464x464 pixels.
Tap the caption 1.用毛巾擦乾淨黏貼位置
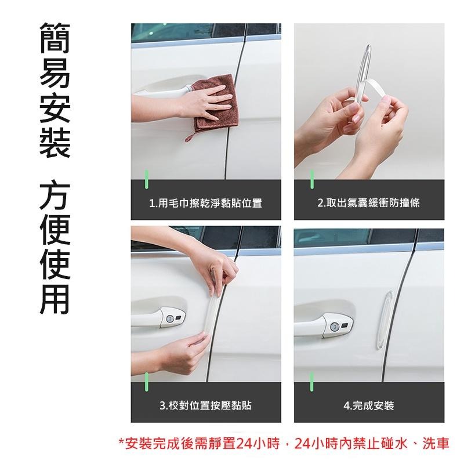coord(206,203)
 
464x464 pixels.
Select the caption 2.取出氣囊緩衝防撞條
coord(369,203)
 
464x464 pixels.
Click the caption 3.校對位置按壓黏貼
coord(206,405)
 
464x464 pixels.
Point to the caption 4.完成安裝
coord(369,405)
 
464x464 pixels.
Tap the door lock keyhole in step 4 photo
coord(335,328)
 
